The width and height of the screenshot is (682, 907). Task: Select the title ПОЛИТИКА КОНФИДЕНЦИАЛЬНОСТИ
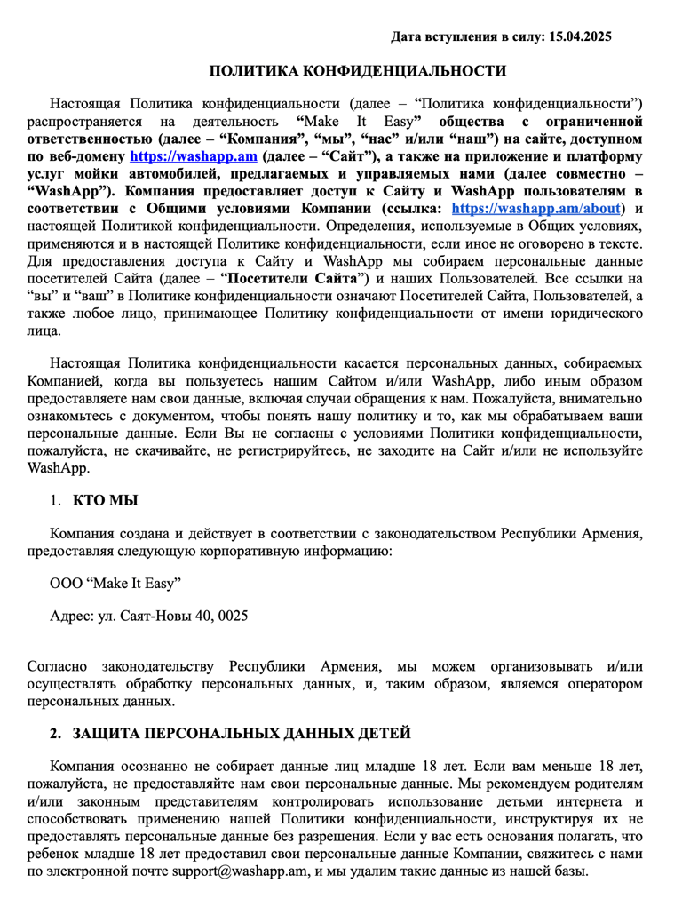(357, 71)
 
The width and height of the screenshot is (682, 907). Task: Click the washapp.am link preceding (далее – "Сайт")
(194, 155)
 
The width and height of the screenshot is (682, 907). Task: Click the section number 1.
(55, 501)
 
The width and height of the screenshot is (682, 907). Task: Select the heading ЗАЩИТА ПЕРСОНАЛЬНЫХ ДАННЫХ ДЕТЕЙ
(242, 733)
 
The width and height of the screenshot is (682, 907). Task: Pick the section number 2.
(56, 733)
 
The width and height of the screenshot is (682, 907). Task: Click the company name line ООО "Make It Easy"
(115, 583)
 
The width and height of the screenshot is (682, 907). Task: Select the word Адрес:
(73, 615)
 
